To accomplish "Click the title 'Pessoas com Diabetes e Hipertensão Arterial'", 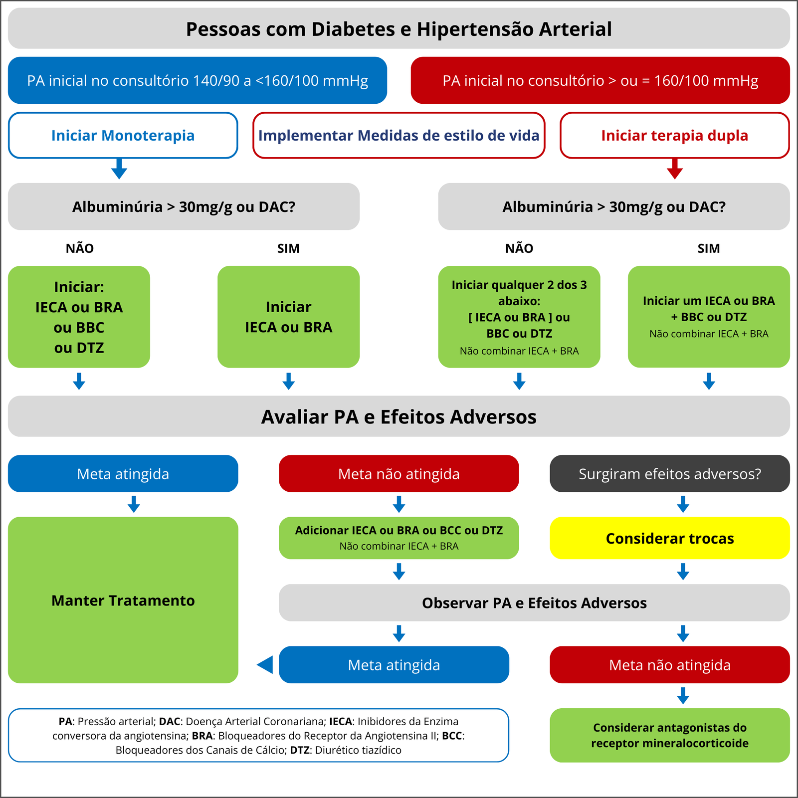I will [399, 29].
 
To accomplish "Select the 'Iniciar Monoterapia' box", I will [123, 135].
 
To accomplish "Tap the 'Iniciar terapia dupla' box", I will [674, 135].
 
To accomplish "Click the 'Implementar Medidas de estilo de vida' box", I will [399, 135].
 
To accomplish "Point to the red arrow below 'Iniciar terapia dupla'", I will [674, 169].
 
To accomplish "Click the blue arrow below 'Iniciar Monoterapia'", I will [119, 169].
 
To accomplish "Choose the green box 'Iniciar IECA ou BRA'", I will [288, 317].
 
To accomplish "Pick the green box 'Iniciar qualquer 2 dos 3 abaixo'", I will [519, 317].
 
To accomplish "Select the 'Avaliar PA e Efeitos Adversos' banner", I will [399, 416].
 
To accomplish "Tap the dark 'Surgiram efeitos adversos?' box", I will [669, 474].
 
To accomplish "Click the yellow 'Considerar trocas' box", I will [669, 538].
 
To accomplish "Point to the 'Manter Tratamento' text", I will [123, 600].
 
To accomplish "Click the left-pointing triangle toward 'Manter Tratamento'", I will [265, 665].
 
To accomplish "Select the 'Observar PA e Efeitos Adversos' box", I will [534, 603].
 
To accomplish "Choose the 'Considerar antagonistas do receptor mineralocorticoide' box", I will [669, 735].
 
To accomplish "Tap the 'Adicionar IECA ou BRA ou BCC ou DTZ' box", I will [399, 538].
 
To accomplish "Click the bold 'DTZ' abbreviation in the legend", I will [300, 750].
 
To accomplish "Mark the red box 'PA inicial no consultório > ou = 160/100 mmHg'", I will [600, 80].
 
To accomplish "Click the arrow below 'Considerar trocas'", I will [683, 572].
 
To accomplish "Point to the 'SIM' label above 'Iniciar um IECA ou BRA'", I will [708, 248].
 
